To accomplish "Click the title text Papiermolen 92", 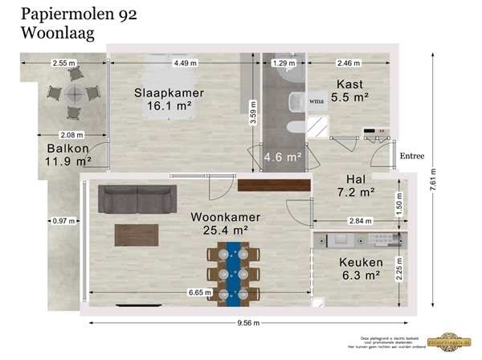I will point(67,14).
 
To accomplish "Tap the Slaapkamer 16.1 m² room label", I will point(170,99).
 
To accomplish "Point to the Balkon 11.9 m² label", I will point(67,154).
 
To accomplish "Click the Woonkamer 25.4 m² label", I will point(218,223).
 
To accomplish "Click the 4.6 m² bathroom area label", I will point(283,157).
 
